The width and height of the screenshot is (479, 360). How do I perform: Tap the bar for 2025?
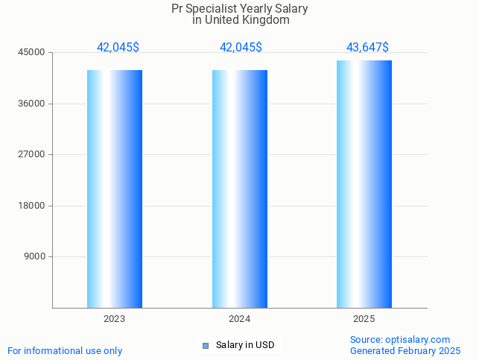(x=364, y=184)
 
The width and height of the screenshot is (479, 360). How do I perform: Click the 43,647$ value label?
(x=367, y=48)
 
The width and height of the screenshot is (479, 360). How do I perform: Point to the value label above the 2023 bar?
(x=118, y=48)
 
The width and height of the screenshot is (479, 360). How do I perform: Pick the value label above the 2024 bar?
(x=241, y=48)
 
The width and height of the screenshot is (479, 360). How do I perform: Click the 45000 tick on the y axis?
(x=33, y=53)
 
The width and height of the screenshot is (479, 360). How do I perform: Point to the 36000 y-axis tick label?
(x=33, y=104)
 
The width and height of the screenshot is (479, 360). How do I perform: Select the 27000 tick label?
(x=33, y=154)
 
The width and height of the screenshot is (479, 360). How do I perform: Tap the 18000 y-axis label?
(x=33, y=206)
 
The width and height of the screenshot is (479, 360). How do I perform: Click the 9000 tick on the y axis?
(x=35, y=257)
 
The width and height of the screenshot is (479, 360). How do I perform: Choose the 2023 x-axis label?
(x=115, y=319)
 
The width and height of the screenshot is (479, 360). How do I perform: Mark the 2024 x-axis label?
(x=240, y=319)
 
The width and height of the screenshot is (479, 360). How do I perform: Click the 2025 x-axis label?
(x=364, y=319)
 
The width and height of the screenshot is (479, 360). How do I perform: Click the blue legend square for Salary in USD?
(x=206, y=345)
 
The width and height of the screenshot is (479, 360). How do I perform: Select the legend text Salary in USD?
(x=245, y=345)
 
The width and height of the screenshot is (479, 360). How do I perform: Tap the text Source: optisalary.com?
(x=400, y=340)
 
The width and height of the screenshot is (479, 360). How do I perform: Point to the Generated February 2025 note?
(x=405, y=351)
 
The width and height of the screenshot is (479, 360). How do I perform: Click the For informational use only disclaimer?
(x=65, y=351)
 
